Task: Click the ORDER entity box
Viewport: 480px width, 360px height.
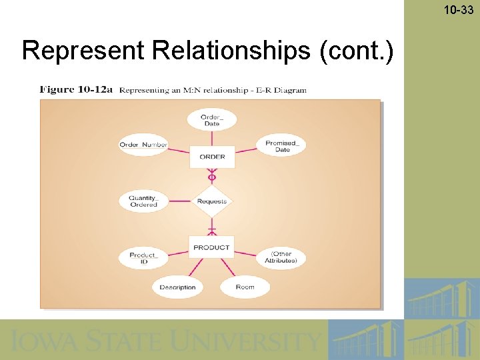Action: coord(212,157)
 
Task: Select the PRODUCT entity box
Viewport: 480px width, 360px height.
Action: coord(211,247)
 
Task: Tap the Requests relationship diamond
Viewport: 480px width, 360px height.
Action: coord(212,201)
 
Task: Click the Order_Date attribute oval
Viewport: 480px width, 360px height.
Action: coord(211,120)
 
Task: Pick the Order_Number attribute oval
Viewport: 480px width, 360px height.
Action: coord(143,145)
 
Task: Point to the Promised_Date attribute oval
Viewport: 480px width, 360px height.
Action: coord(282,146)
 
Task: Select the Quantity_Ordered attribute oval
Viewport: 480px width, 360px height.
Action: coord(143,201)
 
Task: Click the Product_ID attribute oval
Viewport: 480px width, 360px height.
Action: coord(143,259)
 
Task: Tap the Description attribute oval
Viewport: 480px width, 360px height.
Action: coord(177,287)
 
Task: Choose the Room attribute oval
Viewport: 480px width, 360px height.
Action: coord(245,287)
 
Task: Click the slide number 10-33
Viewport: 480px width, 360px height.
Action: coord(458,9)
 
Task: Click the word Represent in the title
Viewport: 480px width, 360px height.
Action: coord(69,51)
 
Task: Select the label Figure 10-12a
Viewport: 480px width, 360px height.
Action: coord(76,89)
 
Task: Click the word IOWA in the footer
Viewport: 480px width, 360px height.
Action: coord(40,341)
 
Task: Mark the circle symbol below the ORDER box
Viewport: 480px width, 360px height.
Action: coord(212,177)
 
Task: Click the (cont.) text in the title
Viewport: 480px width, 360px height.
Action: coord(357,51)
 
